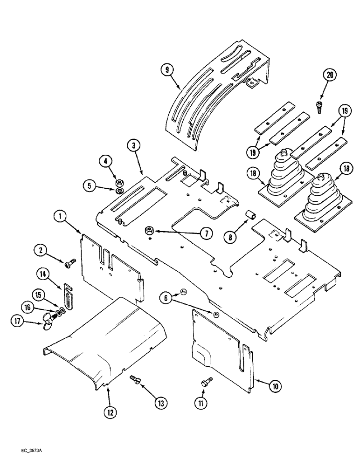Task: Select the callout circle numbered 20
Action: [331, 75]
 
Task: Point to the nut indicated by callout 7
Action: [151, 229]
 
